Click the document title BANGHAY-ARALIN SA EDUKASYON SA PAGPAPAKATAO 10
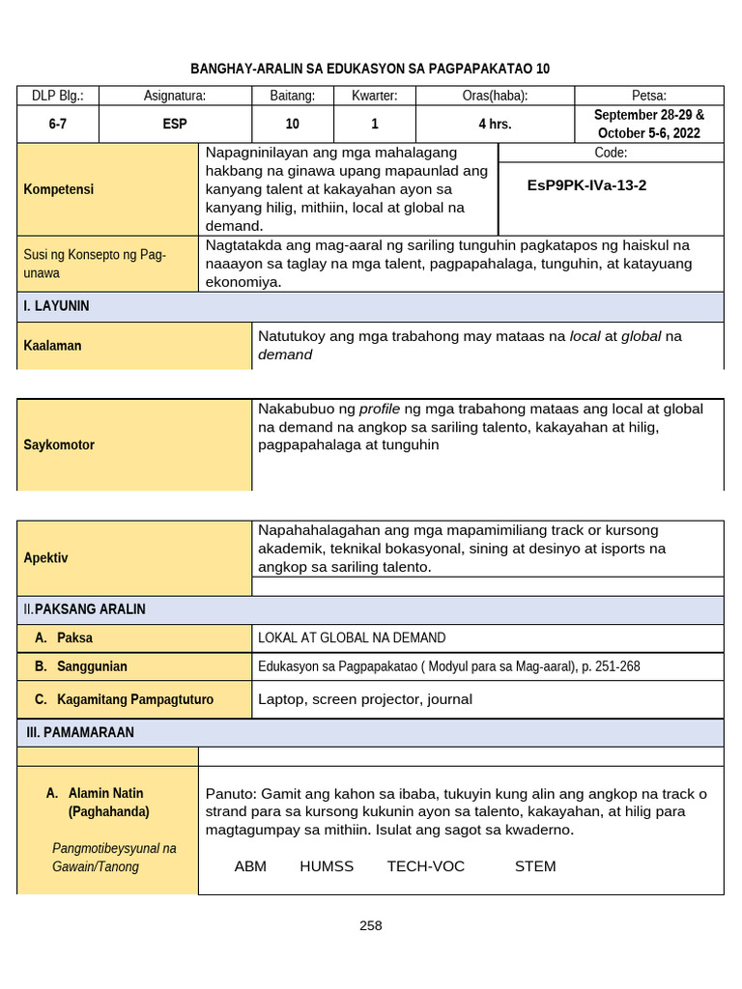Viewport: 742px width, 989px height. coord(370,69)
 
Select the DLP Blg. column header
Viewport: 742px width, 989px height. coord(58,96)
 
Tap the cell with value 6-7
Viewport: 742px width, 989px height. coord(58,125)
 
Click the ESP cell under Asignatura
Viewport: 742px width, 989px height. coord(175,125)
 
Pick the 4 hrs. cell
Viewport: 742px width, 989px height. coord(495,125)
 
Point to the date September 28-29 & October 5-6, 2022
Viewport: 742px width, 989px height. coord(648,124)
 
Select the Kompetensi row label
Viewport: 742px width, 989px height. coord(59,189)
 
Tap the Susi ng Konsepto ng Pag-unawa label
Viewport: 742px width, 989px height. coord(95,264)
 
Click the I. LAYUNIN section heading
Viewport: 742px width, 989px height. coord(57,306)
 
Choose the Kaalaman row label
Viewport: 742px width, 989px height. coord(52,346)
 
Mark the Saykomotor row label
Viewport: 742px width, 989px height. coord(59,445)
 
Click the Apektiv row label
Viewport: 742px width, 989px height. coord(46,558)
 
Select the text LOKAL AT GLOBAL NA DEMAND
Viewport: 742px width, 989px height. coord(352,638)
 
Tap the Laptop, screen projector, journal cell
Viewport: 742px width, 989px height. coord(365,699)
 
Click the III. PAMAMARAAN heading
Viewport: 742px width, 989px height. coord(80,733)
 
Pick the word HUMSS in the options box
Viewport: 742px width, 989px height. coord(327,866)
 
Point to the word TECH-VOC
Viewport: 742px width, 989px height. coord(426,866)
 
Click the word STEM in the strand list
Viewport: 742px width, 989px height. coord(535,866)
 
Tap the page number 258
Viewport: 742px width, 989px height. coord(370,925)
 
